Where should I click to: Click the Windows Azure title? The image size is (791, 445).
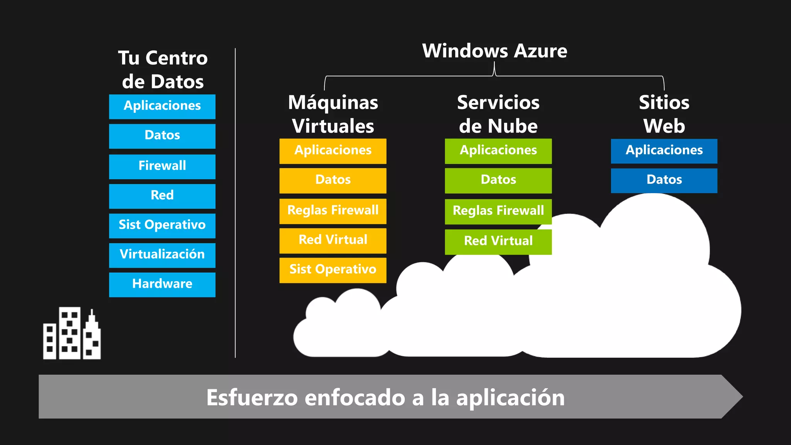pyautogui.click(x=494, y=51)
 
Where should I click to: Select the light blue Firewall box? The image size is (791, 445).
pyautogui.click(x=162, y=166)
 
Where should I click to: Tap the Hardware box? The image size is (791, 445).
pyautogui.click(x=162, y=285)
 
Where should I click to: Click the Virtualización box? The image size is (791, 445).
pyautogui.click(x=162, y=255)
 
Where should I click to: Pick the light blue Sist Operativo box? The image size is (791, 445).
pyautogui.click(x=162, y=226)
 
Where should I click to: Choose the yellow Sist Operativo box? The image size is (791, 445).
pyautogui.click(x=333, y=270)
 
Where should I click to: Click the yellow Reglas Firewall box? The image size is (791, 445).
pyautogui.click(x=333, y=211)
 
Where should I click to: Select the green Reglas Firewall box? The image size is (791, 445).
pyautogui.click(x=498, y=211)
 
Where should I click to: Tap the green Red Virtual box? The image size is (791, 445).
pyautogui.click(x=498, y=242)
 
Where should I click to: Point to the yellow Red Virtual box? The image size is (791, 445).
pyautogui.click(x=333, y=241)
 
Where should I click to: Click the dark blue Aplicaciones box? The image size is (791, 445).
pyautogui.click(x=664, y=151)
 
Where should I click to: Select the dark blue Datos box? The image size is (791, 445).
pyautogui.click(x=664, y=180)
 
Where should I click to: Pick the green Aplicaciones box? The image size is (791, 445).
pyautogui.click(x=498, y=151)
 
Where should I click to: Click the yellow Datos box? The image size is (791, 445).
pyautogui.click(x=333, y=180)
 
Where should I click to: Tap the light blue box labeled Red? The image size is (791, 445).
pyautogui.click(x=162, y=196)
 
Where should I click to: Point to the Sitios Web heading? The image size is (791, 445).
pyautogui.click(x=664, y=114)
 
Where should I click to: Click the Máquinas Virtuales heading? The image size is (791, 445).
pyautogui.click(x=333, y=114)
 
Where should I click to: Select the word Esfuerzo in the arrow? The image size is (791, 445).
pyautogui.click(x=252, y=397)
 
